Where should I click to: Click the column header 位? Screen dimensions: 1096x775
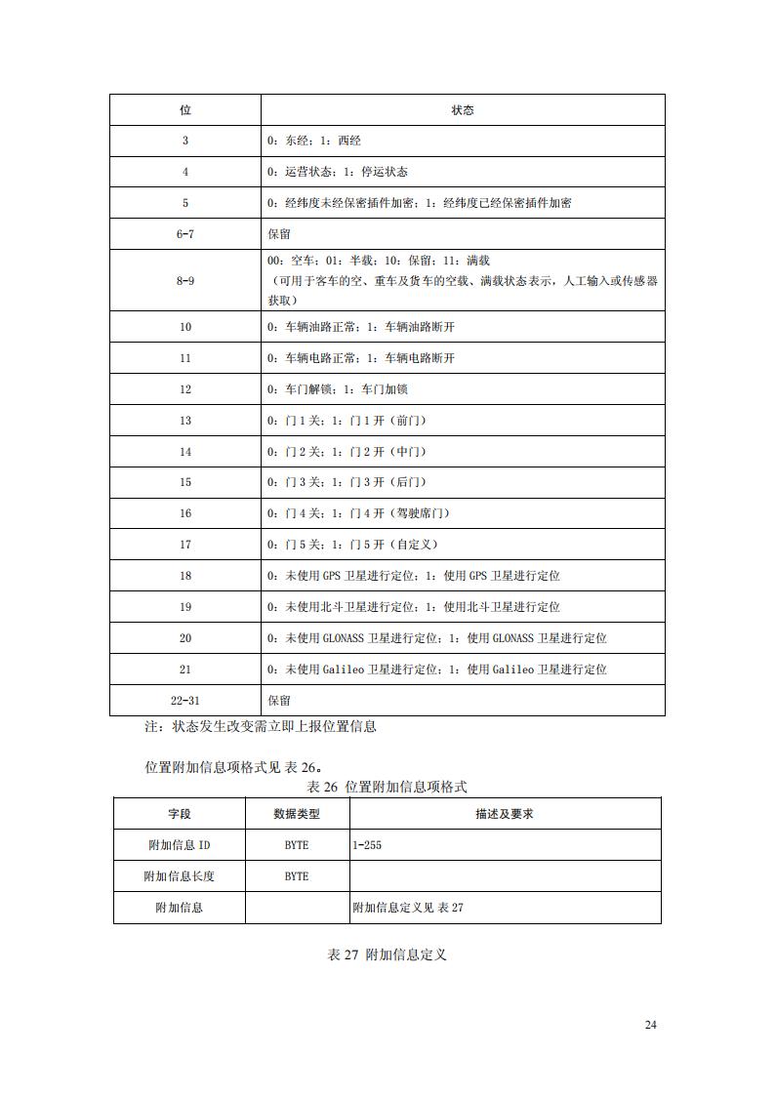(185, 110)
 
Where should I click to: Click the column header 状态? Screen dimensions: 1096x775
(463, 110)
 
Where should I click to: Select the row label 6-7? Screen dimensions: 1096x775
(185, 234)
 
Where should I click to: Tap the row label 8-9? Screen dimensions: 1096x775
(185, 280)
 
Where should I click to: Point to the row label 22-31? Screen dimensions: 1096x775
(185, 701)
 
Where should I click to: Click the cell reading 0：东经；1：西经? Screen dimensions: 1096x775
(314, 141)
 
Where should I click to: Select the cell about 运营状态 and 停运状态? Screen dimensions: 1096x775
(338, 172)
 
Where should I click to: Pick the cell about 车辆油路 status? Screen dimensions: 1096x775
(361, 327)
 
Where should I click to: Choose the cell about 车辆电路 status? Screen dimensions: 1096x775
(361, 358)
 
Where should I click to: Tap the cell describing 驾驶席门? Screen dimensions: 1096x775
(358, 513)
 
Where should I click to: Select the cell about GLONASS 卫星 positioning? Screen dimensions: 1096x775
(437, 638)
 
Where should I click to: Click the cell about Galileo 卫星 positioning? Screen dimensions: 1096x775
(437, 670)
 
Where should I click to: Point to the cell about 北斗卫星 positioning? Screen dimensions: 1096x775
(414, 607)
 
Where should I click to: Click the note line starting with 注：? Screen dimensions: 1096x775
(261, 726)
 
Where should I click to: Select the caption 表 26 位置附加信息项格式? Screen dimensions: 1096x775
(387, 787)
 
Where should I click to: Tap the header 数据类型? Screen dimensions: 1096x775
(297, 814)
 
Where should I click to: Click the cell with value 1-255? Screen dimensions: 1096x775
(367, 845)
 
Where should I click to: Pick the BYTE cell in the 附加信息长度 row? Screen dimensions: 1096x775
(297, 876)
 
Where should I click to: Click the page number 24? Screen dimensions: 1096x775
(651, 1025)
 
